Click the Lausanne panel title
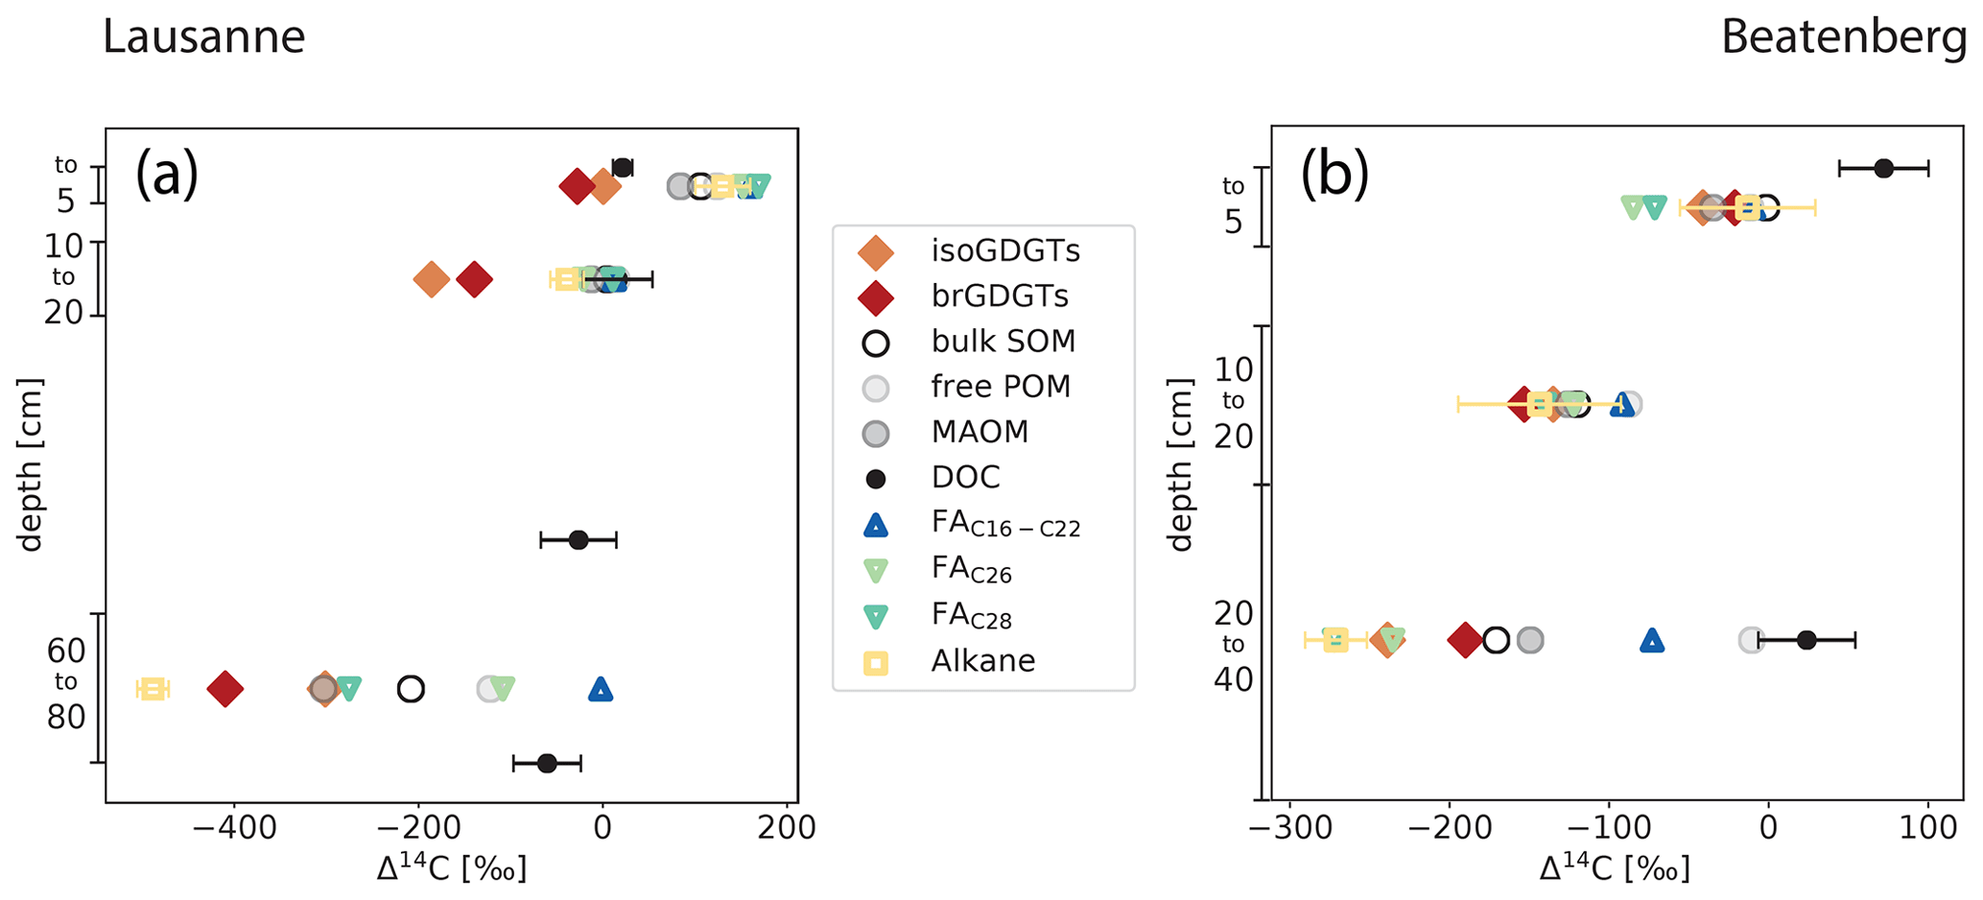(x=203, y=37)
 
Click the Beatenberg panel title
(x=1844, y=37)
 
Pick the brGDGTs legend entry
(x=1000, y=296)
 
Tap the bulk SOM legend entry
(x=1003, y=342)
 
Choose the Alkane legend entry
(x=982, y=661)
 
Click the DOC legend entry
(x=965, y=477)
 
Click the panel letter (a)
(x=166, y=175)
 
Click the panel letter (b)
(x=1334, y=175)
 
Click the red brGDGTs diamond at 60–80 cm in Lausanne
(x=225, y=689)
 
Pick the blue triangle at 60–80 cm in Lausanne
(x=601, y=689)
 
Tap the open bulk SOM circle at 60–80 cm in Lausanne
(x=411, y=689)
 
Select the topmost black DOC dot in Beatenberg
(x=1883, y=168)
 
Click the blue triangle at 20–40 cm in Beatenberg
(x=1651, y=640)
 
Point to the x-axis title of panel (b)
(x=1614, y=869)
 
